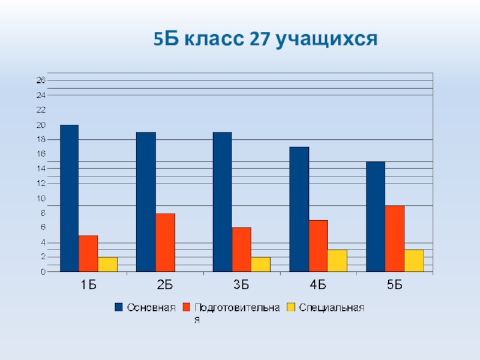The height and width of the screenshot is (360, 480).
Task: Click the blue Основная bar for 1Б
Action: pyautogui.click(x=69, y=198)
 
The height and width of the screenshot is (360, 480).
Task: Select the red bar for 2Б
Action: pyautogui.click(x=165, y=242)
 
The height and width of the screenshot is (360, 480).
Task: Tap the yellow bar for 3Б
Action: pyautogui.click(x=261, y=264)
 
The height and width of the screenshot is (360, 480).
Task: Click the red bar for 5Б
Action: pyautogui.click(x=395, y=238)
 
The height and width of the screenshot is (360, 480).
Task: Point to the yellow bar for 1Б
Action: pyautogui.click(x=107, y=264)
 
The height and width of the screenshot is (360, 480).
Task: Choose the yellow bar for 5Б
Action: pyautogui.click(x=414, y=260)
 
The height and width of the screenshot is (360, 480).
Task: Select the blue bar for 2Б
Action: pyautogui.click(x=146, y=202)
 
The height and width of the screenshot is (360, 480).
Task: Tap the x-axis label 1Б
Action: pyautogui.click(x=88, y=286)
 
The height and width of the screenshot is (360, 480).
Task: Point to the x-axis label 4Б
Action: pyautogui.click(x=318, y=286)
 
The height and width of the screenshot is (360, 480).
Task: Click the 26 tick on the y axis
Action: pyautogui.click(x=41, y=80)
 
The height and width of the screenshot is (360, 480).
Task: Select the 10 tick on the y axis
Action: pyautogui.click(x=41, y=199)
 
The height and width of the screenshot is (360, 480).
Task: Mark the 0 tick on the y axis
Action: pyautogui.click(x=43, y=272)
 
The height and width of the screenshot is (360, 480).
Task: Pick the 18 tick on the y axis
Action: pyautogui.click(x=41, y=139)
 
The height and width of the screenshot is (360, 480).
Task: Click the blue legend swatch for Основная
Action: pyautogui.click(x=118, y=308)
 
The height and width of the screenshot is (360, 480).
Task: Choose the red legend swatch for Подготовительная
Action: pyautogui.click(x=187, y=308)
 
